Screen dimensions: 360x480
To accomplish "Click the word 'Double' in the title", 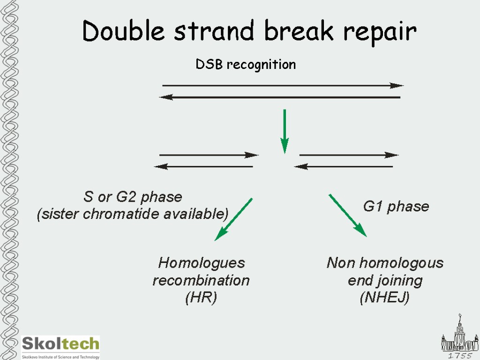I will point(123,32).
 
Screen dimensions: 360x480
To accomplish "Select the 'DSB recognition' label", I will point(246,64).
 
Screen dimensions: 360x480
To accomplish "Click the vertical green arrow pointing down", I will point(284,131).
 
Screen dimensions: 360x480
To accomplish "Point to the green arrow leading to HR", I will point(233,219).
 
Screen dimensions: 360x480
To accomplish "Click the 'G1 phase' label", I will point(396,206).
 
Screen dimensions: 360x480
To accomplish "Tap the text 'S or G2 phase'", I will point(133,196).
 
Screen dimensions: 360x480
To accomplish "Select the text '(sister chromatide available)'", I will point(133,214).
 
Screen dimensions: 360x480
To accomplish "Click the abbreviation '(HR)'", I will point(201,298).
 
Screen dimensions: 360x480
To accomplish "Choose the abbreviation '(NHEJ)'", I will point(384,298).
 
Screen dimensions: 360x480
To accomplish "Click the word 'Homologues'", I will point(202,262).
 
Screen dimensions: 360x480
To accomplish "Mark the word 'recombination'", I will point(201,280).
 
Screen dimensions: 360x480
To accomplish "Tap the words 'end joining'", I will point(385,280).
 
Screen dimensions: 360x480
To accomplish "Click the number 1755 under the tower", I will point(460,356).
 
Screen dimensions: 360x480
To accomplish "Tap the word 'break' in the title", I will point(300,32).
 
